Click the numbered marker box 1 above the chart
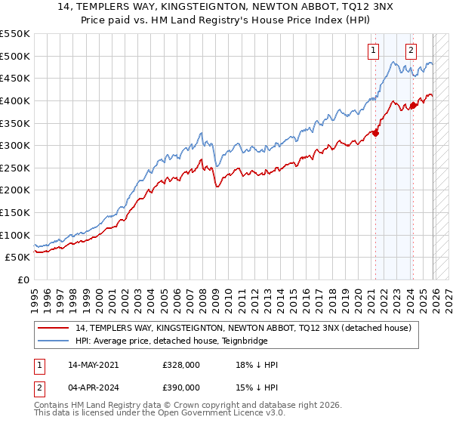click(373, 51)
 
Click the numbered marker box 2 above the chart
click(411, 51)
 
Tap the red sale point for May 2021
click(375, 133)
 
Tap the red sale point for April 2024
click(414, 105)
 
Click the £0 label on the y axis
click(23, 279)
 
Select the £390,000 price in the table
click(180, 388)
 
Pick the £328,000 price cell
click(180, 364)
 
